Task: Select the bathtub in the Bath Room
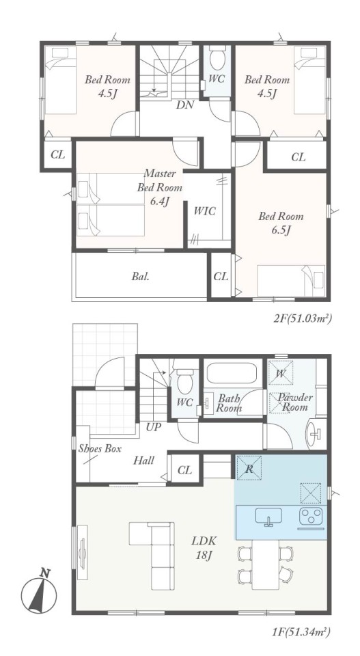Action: [x=230, y=373]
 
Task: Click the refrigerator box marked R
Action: [x=249, y=468]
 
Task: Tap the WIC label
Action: [x=204, y=211]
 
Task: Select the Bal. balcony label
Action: [x=141, y=277]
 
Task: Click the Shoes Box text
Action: [x=100, y=449]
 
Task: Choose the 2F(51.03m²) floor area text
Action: [x=303, y=319]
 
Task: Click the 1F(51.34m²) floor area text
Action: [x=303, y=631]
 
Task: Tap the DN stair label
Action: [x=185, y=105]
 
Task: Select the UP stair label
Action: [x=154, y=427]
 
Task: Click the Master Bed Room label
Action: [x=160, y=187]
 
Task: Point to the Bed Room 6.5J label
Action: [x=281, y=223]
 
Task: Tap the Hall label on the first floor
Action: [x=143, y=461]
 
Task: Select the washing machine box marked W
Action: [x=280, y=373]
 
